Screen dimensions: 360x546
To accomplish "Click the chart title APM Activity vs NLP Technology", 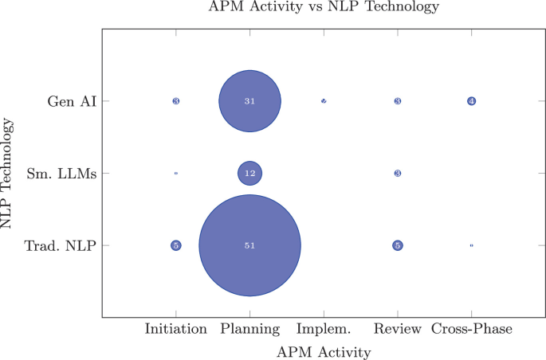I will (x=324, y=8).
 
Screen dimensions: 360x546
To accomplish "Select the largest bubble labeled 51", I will (x=249, y=245).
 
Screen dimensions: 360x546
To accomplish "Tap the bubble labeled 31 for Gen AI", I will (x=249, y=101).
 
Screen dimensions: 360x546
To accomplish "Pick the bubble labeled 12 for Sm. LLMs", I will (x=249, y=173).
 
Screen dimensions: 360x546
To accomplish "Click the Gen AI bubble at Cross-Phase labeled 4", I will (x=472, y=101).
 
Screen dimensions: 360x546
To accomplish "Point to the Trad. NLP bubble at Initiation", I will (x=175, y=245).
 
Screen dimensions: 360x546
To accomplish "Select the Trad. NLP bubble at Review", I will (x=398, y=245).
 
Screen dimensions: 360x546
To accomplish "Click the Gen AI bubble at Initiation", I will (x=175, y=101).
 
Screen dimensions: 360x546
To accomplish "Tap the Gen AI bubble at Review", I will (x=398, y=101).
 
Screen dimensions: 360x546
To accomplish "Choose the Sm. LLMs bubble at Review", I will (x=398, y=173).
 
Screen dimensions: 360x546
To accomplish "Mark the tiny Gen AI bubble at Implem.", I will (x=324, y=101).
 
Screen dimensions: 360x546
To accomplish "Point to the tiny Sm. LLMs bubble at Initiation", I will (x=175, y=173).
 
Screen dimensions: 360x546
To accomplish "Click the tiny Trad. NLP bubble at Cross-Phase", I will (x=472, y=245).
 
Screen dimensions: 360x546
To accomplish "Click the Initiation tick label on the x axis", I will (x=175, y=329).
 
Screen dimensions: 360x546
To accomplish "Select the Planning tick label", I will (x=249, y=329).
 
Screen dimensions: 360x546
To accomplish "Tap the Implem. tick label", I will (x=324, y=329).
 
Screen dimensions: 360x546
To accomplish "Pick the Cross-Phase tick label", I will (x=472, y=329).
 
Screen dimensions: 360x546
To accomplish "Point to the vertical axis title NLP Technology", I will (x=9, y=173).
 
